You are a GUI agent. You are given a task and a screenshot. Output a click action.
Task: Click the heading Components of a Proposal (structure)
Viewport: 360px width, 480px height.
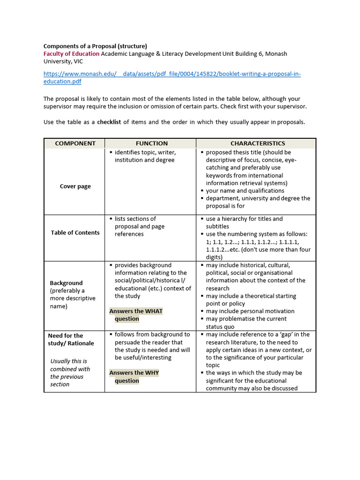tap(95, 46)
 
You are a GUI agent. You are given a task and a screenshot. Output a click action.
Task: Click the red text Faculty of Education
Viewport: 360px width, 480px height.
tap(71, 53)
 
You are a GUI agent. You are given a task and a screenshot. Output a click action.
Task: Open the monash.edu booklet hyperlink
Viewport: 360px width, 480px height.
tap(172, 74)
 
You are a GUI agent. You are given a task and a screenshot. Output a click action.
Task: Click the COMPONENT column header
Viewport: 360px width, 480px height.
tap(75, 143)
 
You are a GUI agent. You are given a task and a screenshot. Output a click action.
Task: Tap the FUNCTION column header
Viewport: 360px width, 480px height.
tap(151, 143)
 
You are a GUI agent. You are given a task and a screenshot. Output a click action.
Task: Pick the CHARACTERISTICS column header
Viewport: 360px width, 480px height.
tap(257, 143)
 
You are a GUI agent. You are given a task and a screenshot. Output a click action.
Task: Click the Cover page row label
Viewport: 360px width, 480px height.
tap(75, 186)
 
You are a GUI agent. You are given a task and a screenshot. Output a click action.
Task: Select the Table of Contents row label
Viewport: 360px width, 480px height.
tap(75, 232)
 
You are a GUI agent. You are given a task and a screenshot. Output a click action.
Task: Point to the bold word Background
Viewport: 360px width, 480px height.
tap(66, 283)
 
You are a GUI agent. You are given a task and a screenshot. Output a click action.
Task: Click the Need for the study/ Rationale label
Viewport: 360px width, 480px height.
tap(71, 339)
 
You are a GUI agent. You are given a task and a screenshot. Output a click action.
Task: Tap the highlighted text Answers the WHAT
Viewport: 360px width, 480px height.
tap(136, 311)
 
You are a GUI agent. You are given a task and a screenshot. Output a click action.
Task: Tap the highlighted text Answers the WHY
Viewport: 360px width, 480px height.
tap(134, 373)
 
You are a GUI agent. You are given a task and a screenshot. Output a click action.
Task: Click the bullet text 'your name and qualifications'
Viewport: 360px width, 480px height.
tap(245, 191)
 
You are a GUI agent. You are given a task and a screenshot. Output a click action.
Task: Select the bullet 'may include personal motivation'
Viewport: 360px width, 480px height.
tap(250, 311)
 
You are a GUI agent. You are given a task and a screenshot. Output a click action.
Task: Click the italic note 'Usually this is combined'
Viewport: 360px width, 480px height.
tap(69, 365)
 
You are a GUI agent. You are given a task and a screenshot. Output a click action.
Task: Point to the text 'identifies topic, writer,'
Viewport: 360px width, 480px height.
tap(145, 152)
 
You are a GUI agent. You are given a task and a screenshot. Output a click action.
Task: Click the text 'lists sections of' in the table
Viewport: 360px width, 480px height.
tap(135, 219)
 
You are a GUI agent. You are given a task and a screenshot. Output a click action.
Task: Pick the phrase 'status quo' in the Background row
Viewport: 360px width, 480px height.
tap(220, 327)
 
